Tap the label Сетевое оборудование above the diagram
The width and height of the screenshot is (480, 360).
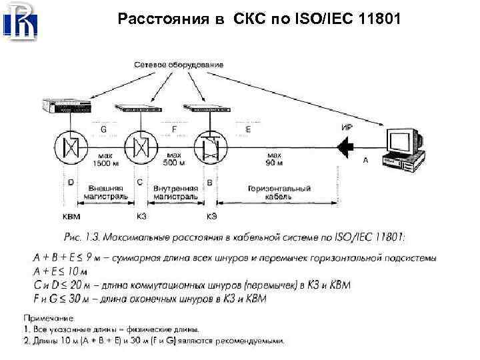click(178, 65)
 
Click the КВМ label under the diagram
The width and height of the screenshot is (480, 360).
click(70, 216)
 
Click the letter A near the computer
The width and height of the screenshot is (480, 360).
click(365, 161)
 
